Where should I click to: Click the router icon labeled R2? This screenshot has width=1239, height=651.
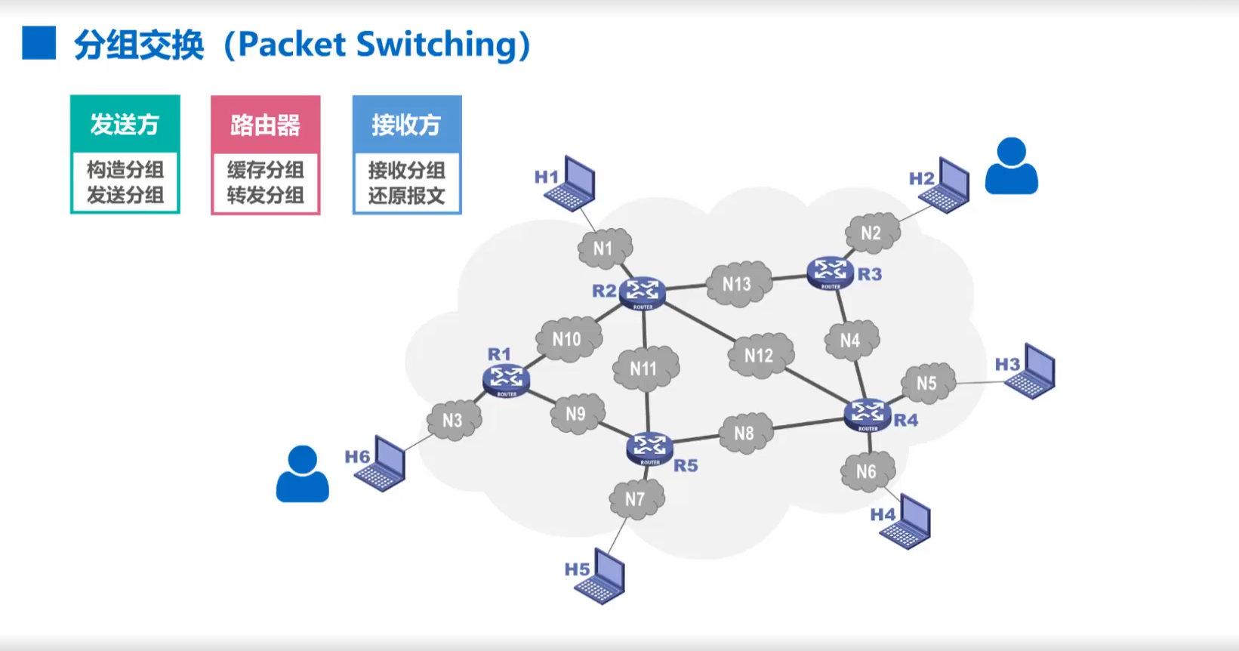point(643,292)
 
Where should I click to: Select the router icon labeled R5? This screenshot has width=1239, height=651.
point(649,447)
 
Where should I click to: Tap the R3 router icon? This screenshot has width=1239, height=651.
point(830,272)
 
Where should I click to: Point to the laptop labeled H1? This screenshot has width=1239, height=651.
point(571,184)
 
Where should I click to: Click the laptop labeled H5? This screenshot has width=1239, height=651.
point(601,577)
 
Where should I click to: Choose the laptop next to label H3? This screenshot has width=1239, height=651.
point(1031,372)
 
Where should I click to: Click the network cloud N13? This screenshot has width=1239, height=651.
point(738,284)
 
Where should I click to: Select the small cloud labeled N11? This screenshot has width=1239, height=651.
point(644,369)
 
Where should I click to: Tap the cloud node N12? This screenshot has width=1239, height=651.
point(760,356)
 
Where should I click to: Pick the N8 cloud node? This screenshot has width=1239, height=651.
point(744,433)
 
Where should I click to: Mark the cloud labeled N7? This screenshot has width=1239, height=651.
point(636,499)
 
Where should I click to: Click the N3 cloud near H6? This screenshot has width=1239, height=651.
point(453,420)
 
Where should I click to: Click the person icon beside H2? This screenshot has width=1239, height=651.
point(1011,166)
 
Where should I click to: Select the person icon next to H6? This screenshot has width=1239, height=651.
point(302,474)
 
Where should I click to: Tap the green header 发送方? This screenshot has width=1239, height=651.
point(125,124)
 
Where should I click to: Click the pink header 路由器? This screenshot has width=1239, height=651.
point(265,125)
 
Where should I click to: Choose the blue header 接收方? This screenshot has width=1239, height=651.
point(406,125)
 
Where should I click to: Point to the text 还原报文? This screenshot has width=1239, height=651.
point(406,196)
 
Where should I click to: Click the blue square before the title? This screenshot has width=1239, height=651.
point(39,43)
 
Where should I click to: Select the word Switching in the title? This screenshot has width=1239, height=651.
point(436,45)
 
